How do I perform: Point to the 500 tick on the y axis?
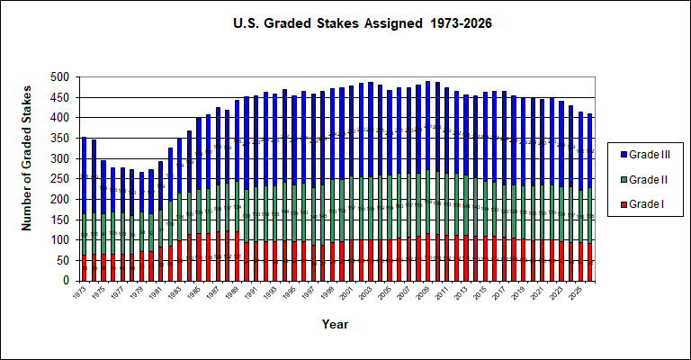64,77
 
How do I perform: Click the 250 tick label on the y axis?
64,179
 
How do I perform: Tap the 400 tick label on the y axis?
64,118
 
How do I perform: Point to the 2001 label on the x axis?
351,293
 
